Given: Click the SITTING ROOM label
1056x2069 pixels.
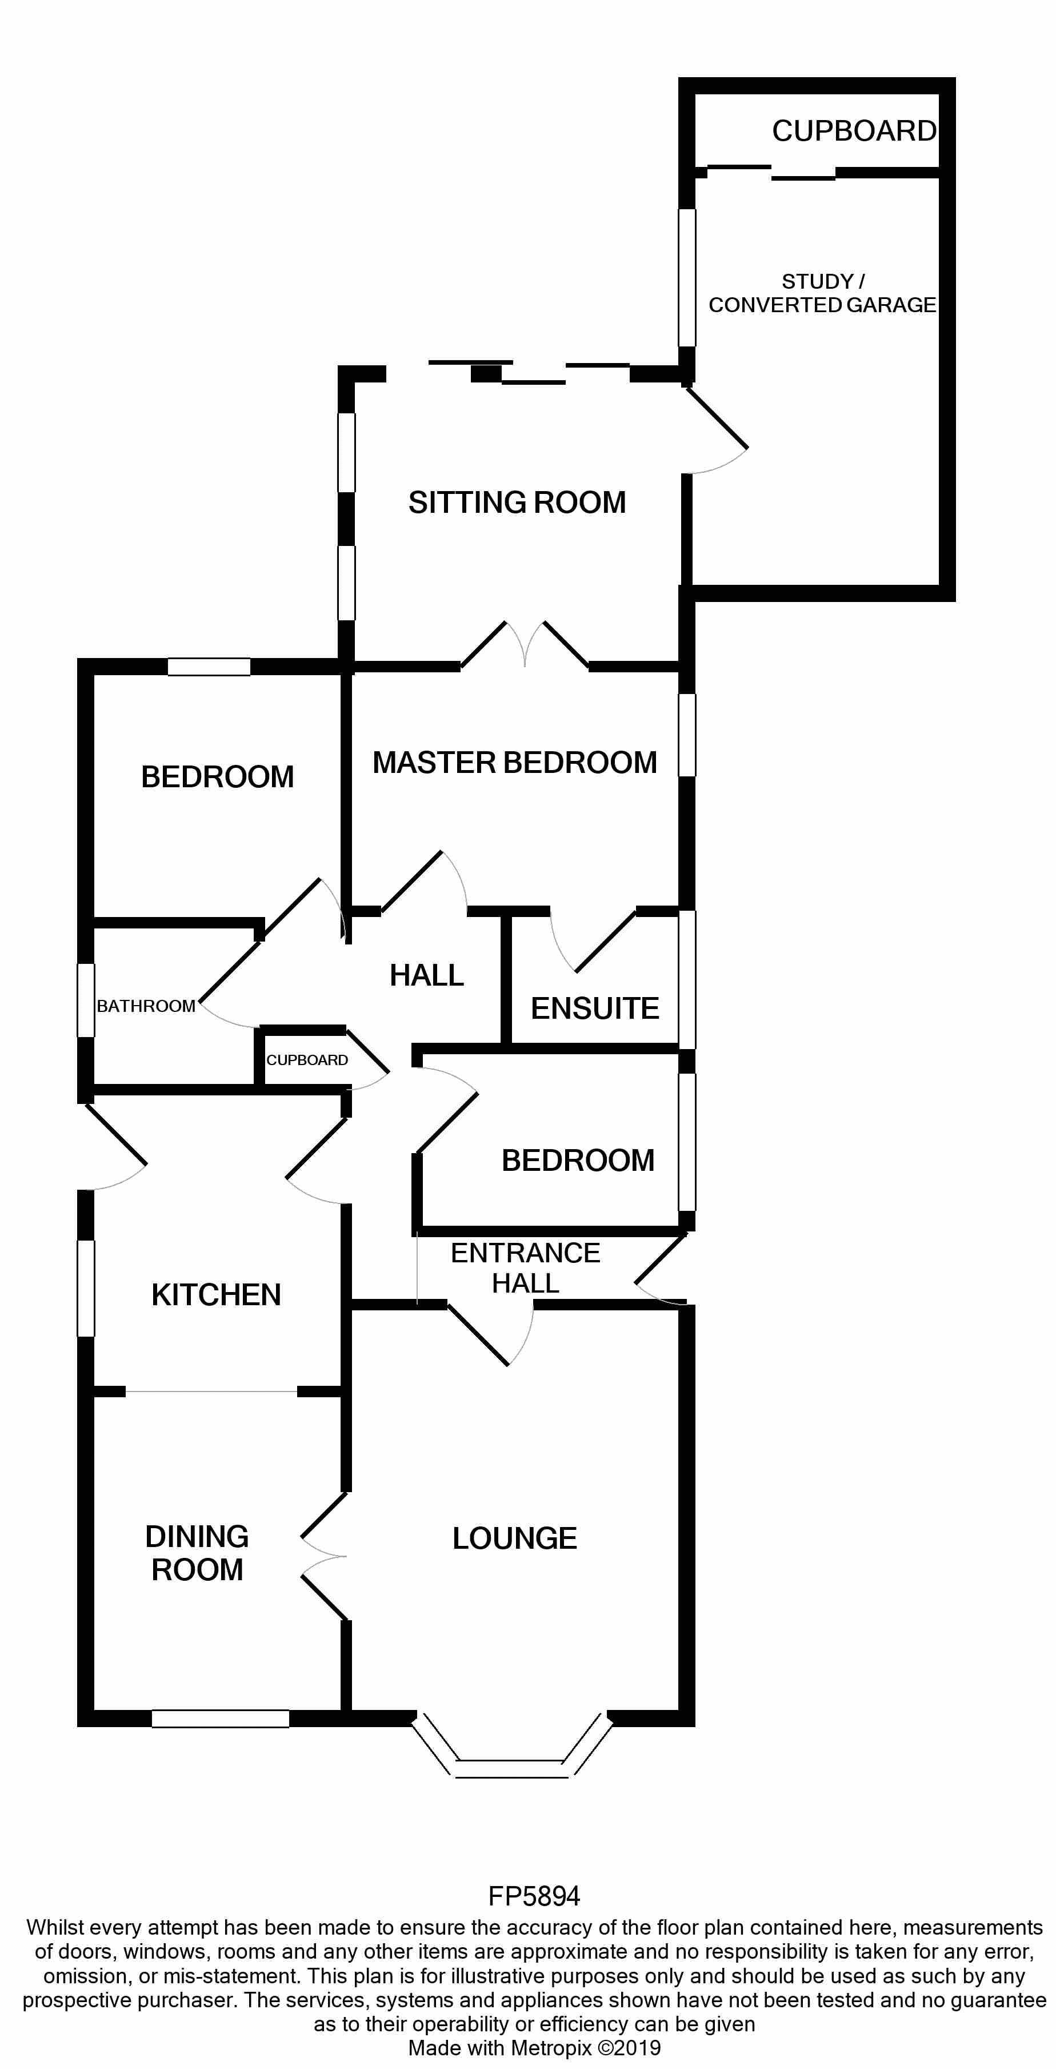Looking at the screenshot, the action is pyautogui.click(x=517, y=503).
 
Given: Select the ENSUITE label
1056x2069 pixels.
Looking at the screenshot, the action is pyautogui.click(x=594, y=1009).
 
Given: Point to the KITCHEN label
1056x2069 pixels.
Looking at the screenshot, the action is pyautogui.click(x=216, y=1295).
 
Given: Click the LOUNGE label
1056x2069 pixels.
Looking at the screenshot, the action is pyautogui.click(x=515, y=1539).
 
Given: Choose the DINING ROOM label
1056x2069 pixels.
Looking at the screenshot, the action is pyautogui.click(x=197, y=1553).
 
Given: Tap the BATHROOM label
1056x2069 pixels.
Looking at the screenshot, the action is pyautogui.click(x=145, y=1006).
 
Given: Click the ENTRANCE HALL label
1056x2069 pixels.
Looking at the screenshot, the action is pyautogui.click(x=525, y=1268).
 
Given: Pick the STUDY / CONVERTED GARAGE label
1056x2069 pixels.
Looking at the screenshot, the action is pyautogui.click(x=822, y=293).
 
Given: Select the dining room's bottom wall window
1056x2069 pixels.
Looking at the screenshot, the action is pyautogui.click(x=220, y=1719).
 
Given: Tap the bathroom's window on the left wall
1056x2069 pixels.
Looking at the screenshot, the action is pyautogui.click(x=86, y=1000).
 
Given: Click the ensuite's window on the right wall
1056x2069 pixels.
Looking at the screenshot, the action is pyautogui.click(x=687, y=979).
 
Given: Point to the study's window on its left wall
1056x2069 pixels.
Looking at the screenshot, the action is pyautogui.click(x=687, y=277).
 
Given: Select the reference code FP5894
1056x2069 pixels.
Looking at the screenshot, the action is pyautogui.click(x=534, y=1896).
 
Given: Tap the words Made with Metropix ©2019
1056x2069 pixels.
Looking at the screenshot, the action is pyautogui.click(x=534, y=2048).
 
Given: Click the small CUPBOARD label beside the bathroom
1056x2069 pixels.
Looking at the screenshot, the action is pyautogui.click(x=307, y=1060).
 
